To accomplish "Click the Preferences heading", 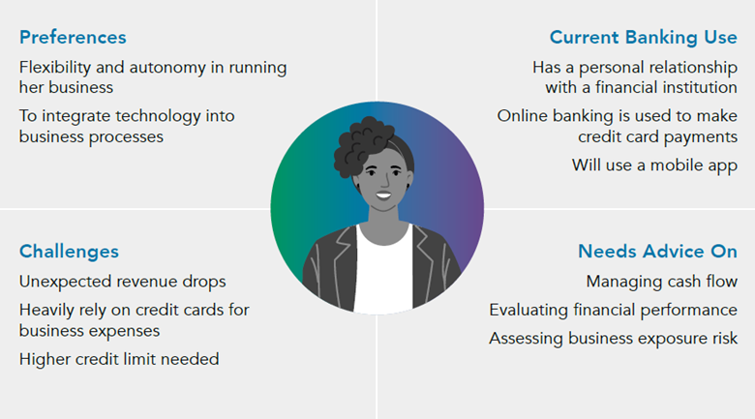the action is point(73,38).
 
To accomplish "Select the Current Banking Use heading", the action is point(644,38).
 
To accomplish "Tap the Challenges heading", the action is point(69,252).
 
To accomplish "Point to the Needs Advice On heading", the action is point(657,252).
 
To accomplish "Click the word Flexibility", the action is point(55,68).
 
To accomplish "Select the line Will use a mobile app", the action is point(654,165).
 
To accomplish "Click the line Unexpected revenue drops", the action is point(122,282).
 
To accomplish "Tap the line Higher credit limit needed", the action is point(119,359).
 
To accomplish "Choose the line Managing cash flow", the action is point(661,282).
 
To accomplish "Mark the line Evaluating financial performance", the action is point(613,311).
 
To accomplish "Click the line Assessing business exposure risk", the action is point(613,339).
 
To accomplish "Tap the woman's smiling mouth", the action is point(383,195).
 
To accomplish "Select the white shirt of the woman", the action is point(383,270).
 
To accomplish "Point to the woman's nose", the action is point(385,181).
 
